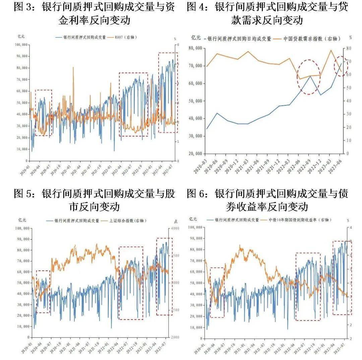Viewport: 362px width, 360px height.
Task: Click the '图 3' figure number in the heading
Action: coord(25,7)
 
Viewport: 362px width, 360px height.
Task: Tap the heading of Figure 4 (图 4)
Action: coord(267,13)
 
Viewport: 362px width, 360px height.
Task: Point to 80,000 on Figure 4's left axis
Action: coord(194,48)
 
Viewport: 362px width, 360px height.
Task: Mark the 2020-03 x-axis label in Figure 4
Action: coord(202,164)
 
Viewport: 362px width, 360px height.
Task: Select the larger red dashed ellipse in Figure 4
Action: coord(309,77)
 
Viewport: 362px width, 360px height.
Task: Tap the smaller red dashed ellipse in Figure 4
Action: coord(342,66)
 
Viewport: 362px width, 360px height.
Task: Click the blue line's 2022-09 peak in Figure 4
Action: coord(310,76)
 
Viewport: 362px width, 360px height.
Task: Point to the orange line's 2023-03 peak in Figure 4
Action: coord(331,50)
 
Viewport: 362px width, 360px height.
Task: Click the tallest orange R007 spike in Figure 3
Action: coord(73,68)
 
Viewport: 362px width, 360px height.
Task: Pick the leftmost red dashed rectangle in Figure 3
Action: coord(44,113)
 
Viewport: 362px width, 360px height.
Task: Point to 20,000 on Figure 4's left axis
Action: coord(194,154)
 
